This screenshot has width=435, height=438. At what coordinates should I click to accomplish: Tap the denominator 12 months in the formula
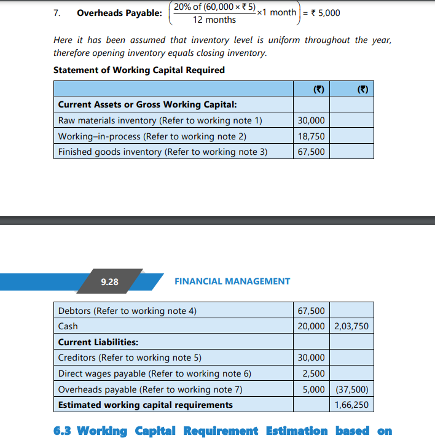[214, 20]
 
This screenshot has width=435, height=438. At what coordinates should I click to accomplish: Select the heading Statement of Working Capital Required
[139, 70]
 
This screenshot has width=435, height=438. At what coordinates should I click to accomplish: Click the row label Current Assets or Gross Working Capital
[143, 104]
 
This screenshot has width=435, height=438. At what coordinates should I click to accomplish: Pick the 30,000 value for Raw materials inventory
[312, 120]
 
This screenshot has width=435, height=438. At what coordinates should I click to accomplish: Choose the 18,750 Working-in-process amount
[312, 136]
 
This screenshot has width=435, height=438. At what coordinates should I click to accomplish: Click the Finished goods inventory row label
[162, 151]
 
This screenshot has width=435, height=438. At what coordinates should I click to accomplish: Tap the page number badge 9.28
[109, 281]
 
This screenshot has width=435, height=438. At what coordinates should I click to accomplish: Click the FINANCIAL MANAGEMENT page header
[232, 281]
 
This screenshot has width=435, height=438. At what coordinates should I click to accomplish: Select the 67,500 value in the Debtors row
[312, 311]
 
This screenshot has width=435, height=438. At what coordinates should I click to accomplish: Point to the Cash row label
[68, 326]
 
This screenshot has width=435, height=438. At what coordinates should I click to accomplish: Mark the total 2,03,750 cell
[351, 326]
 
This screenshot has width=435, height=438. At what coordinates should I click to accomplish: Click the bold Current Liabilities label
[98, 342]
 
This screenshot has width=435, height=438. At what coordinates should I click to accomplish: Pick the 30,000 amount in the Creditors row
[312, 358]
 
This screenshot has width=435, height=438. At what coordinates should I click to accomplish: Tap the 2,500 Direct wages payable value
[314, 373]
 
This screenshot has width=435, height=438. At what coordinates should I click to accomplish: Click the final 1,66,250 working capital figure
[351, 405]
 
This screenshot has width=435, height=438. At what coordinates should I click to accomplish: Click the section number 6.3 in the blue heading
[63, 431]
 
